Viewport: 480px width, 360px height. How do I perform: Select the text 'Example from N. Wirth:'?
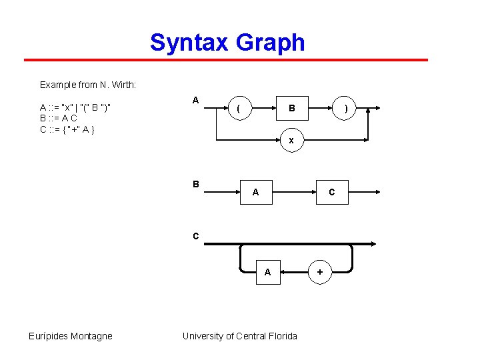coord(88,85)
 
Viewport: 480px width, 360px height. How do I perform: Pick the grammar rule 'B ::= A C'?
coord(59,118)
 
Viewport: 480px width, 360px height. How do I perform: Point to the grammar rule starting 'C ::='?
coord(67,129)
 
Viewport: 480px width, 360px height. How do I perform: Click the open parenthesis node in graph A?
coord(239,108)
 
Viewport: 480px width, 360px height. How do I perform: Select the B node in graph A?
coord(291,108)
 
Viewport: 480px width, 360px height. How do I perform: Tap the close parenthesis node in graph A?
coord(345,108)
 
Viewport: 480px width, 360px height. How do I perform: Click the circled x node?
coord(291,141)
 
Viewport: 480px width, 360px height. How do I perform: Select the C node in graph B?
coord(332,192)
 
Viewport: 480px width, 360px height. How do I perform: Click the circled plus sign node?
coord(320,272)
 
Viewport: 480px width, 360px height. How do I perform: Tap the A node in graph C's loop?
coord(267,272)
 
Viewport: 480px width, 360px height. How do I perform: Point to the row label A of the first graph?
coord(195,99)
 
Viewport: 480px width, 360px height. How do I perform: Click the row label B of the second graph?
coord(195,183)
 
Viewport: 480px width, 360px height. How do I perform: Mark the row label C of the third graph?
coord(195,235)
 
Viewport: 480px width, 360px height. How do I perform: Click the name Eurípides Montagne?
coord(71,336)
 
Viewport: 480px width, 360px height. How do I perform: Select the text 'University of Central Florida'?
coord(240,336)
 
